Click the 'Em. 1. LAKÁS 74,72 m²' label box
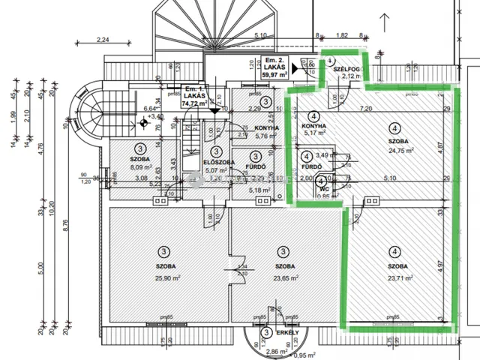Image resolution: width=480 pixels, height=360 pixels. point(195,98)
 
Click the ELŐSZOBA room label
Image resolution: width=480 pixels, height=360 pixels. point(219,163)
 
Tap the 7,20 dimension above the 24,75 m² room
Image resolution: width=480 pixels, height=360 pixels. point(366,109)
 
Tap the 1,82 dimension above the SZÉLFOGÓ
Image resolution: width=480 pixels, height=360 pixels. point(341,35)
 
